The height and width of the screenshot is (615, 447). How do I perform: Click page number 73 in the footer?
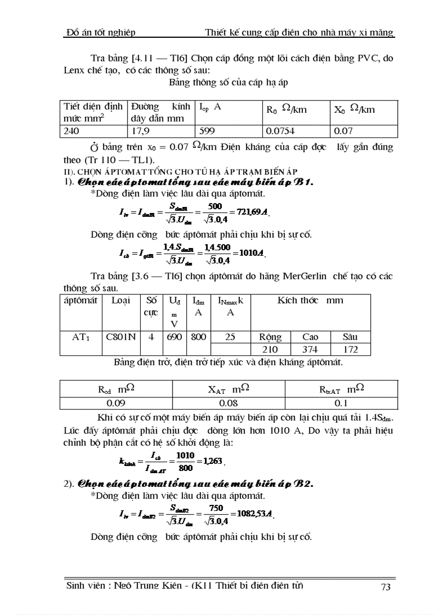385,587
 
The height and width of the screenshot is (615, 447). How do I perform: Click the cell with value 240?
71,131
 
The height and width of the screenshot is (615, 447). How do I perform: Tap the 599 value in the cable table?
207,131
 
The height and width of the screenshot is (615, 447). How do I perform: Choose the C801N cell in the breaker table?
121,337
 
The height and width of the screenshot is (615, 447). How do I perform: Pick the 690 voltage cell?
174,337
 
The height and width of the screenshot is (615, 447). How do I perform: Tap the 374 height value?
310,349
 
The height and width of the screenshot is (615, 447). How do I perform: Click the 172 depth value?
350,349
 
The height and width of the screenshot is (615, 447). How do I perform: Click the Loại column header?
121,301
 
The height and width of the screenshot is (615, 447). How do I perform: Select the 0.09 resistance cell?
116,403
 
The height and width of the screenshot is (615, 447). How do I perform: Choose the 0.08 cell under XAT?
228,403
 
